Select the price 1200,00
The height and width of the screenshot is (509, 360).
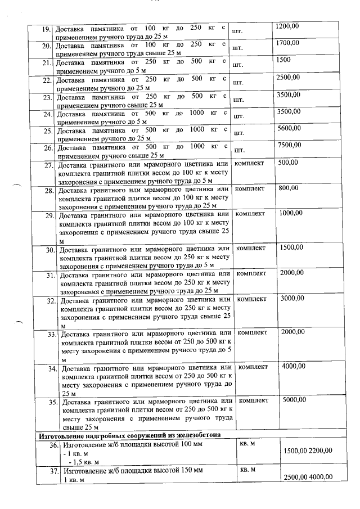click(288, 26)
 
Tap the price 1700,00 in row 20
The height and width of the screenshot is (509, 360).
click(288, 43)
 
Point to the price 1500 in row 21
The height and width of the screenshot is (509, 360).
click(284, 60)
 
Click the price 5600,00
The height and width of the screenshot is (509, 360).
click(289, 128)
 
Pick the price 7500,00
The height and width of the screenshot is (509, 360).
click(289, 146)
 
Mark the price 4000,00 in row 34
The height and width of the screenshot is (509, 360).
click(293, 366)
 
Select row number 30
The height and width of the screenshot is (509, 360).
click(49, 250)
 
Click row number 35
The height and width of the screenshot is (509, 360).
click(52, 403)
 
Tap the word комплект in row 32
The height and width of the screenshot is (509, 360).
click(252, 299)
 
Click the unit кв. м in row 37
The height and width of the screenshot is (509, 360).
click(247, 469)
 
